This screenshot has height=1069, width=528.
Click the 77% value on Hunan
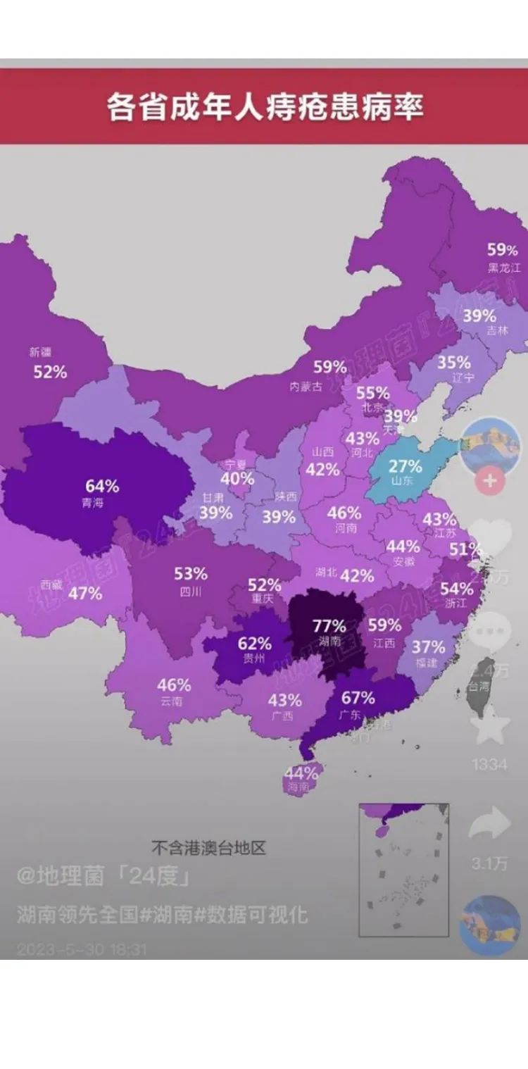[329, 625]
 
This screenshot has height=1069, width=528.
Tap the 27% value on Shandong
[406, 466]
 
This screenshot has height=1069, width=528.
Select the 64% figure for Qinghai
[102, 486]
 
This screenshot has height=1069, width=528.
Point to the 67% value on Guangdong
[358, 698]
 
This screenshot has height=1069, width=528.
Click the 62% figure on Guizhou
[254, 643]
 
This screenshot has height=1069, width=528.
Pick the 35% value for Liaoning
[453, 362]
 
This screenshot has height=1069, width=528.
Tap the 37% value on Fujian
[428, 646]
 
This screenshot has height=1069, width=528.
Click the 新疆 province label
[40, 352]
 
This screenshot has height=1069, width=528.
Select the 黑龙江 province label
[504, 268]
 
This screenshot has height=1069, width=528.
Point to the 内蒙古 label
[306, 386]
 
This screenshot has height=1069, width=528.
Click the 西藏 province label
[51, 584]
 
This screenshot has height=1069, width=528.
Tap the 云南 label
[171, 701]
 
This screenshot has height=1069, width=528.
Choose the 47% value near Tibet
[85, 593]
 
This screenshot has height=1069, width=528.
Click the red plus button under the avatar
[490, 482]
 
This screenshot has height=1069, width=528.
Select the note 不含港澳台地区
[208, 847]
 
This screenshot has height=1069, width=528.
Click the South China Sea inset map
[403, 870]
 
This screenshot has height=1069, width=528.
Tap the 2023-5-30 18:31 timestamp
[82, 949]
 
